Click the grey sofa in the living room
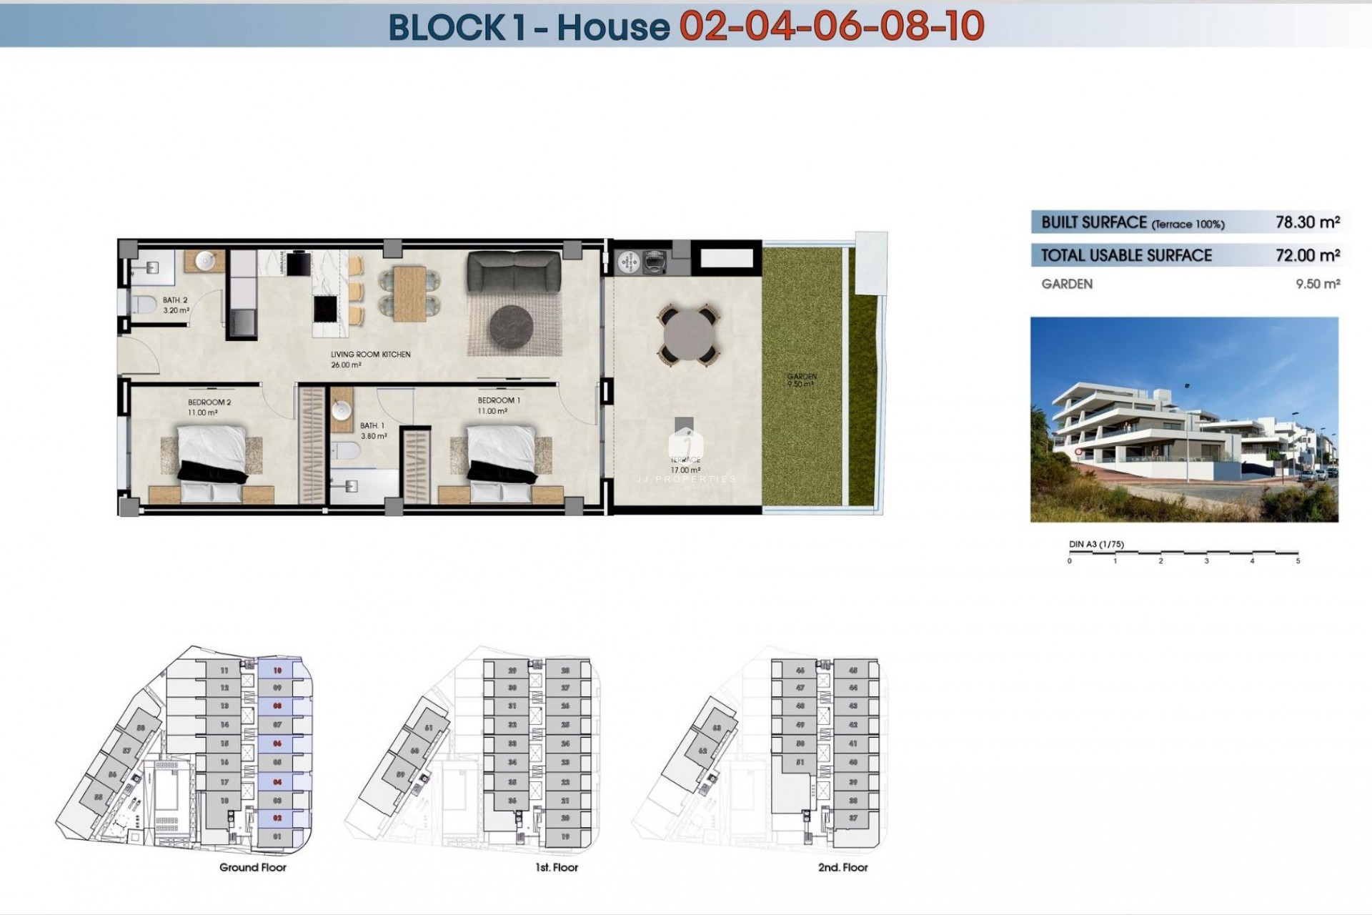(514, 272)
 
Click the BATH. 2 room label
(175, 300)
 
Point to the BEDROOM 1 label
(499, 400)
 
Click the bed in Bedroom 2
(212, 461)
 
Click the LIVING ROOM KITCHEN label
(370, 355)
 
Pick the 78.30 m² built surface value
(1307, 222)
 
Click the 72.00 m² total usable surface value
(1307, 255)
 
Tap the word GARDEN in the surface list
(1067, 284)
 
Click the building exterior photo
(1183, 420)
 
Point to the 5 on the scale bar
(1298, 561)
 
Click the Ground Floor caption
(252, 867)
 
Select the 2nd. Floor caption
(842, 867)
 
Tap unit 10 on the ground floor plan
(277, 671)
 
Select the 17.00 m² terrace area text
(685, 470)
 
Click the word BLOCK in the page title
(447, 27)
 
